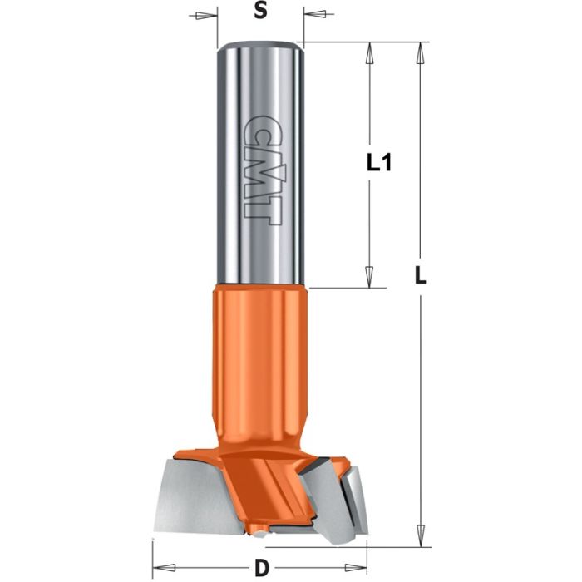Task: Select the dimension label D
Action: click(x=261, y=569)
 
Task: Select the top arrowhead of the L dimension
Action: click(x=421, y=52)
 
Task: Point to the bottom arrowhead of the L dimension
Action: click(x=421, y=536)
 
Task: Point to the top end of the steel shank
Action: click(x=260, y=45)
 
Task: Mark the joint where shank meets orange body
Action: click(x=260, y=285)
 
